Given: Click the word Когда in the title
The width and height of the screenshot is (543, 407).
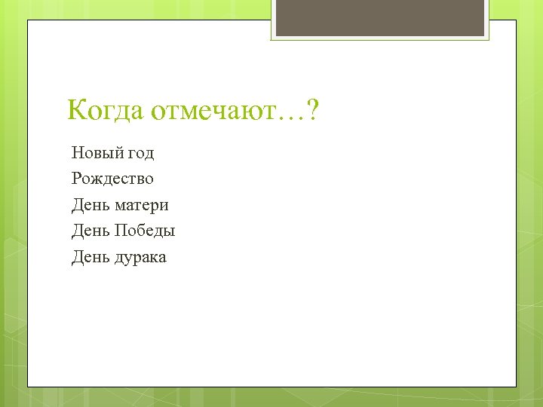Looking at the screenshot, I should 106,112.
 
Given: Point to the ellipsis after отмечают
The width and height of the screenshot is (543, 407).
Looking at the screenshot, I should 290,117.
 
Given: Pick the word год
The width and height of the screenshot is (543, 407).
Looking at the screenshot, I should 140,154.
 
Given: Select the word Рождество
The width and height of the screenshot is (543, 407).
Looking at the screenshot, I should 112,179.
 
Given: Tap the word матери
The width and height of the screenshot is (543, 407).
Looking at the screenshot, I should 141,205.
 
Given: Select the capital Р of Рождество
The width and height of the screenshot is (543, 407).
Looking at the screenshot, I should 77,179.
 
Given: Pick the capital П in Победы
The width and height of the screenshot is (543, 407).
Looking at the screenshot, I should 121,231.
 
